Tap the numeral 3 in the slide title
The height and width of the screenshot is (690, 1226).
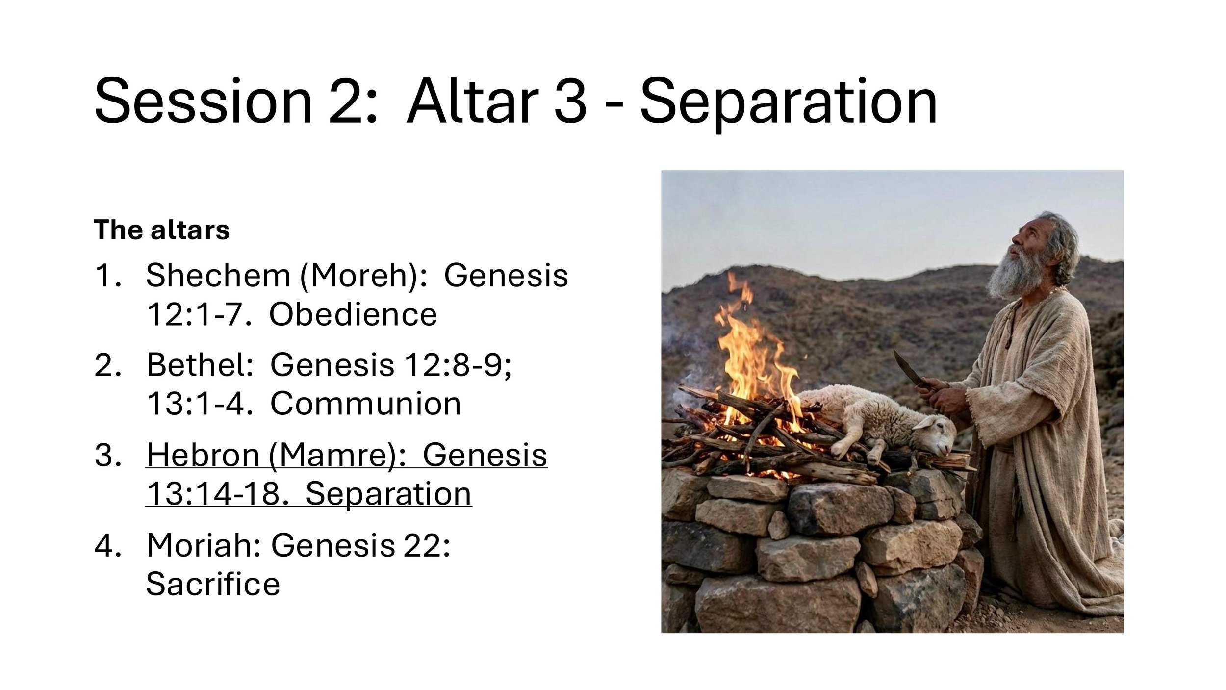(570, 102)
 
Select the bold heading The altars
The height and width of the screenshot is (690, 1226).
(161, 230)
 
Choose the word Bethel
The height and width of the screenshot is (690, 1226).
(199, 365)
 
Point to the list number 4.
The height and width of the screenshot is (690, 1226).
(106, 545)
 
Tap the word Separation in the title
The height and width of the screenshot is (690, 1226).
(789, 102)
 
